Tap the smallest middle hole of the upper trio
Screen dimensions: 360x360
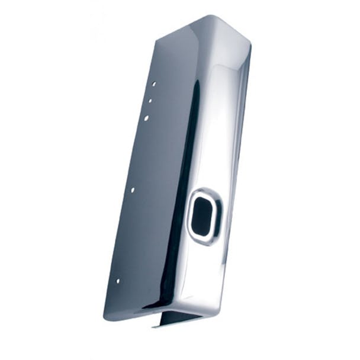150,101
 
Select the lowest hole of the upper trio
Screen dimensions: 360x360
146,118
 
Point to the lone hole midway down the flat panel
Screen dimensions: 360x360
132,190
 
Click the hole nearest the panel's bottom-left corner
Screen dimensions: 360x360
117,281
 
